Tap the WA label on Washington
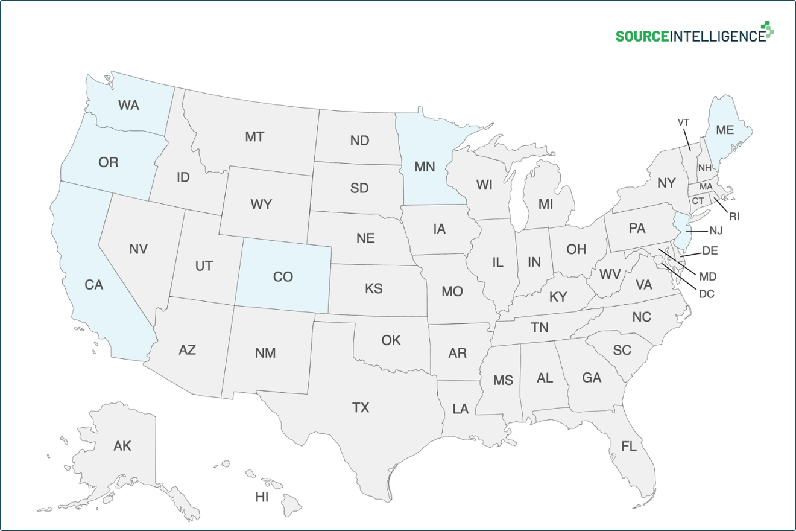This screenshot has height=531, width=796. click(x=128, y=106)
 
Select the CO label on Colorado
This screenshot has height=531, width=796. click(x=283, y=277)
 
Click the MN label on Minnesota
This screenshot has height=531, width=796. click(x=425, y=167)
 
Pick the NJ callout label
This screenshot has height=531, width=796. click(x=716, y=230)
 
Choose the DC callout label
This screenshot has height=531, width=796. click(x=706, y=294)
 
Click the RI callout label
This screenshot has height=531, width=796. click(x=734, y=216)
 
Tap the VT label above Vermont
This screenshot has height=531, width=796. click(x=683, y=122)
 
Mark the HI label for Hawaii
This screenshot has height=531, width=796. click(x=262, y=497)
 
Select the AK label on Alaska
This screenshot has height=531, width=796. click(x=122, y=446)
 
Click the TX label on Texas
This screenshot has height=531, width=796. click(x=361, y=408)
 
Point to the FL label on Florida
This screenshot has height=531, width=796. click(x=629, y=447)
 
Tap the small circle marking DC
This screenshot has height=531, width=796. click(x=659, y=260)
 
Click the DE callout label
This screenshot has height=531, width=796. click(x=710, y=250)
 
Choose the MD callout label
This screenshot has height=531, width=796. click(x=707, y=276)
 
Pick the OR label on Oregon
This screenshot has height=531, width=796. click(x=109, y=162)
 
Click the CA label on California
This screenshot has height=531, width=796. click(x=93, y=285)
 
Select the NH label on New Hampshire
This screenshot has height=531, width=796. click(x=704, y=167)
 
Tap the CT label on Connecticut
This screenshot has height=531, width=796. click(x=698, y=200)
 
